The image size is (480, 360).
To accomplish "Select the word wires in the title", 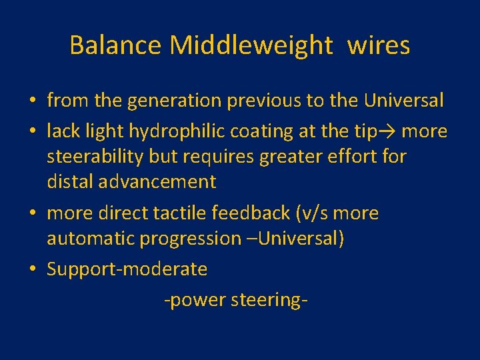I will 378,45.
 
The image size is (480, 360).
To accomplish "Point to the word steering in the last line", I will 269,301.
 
